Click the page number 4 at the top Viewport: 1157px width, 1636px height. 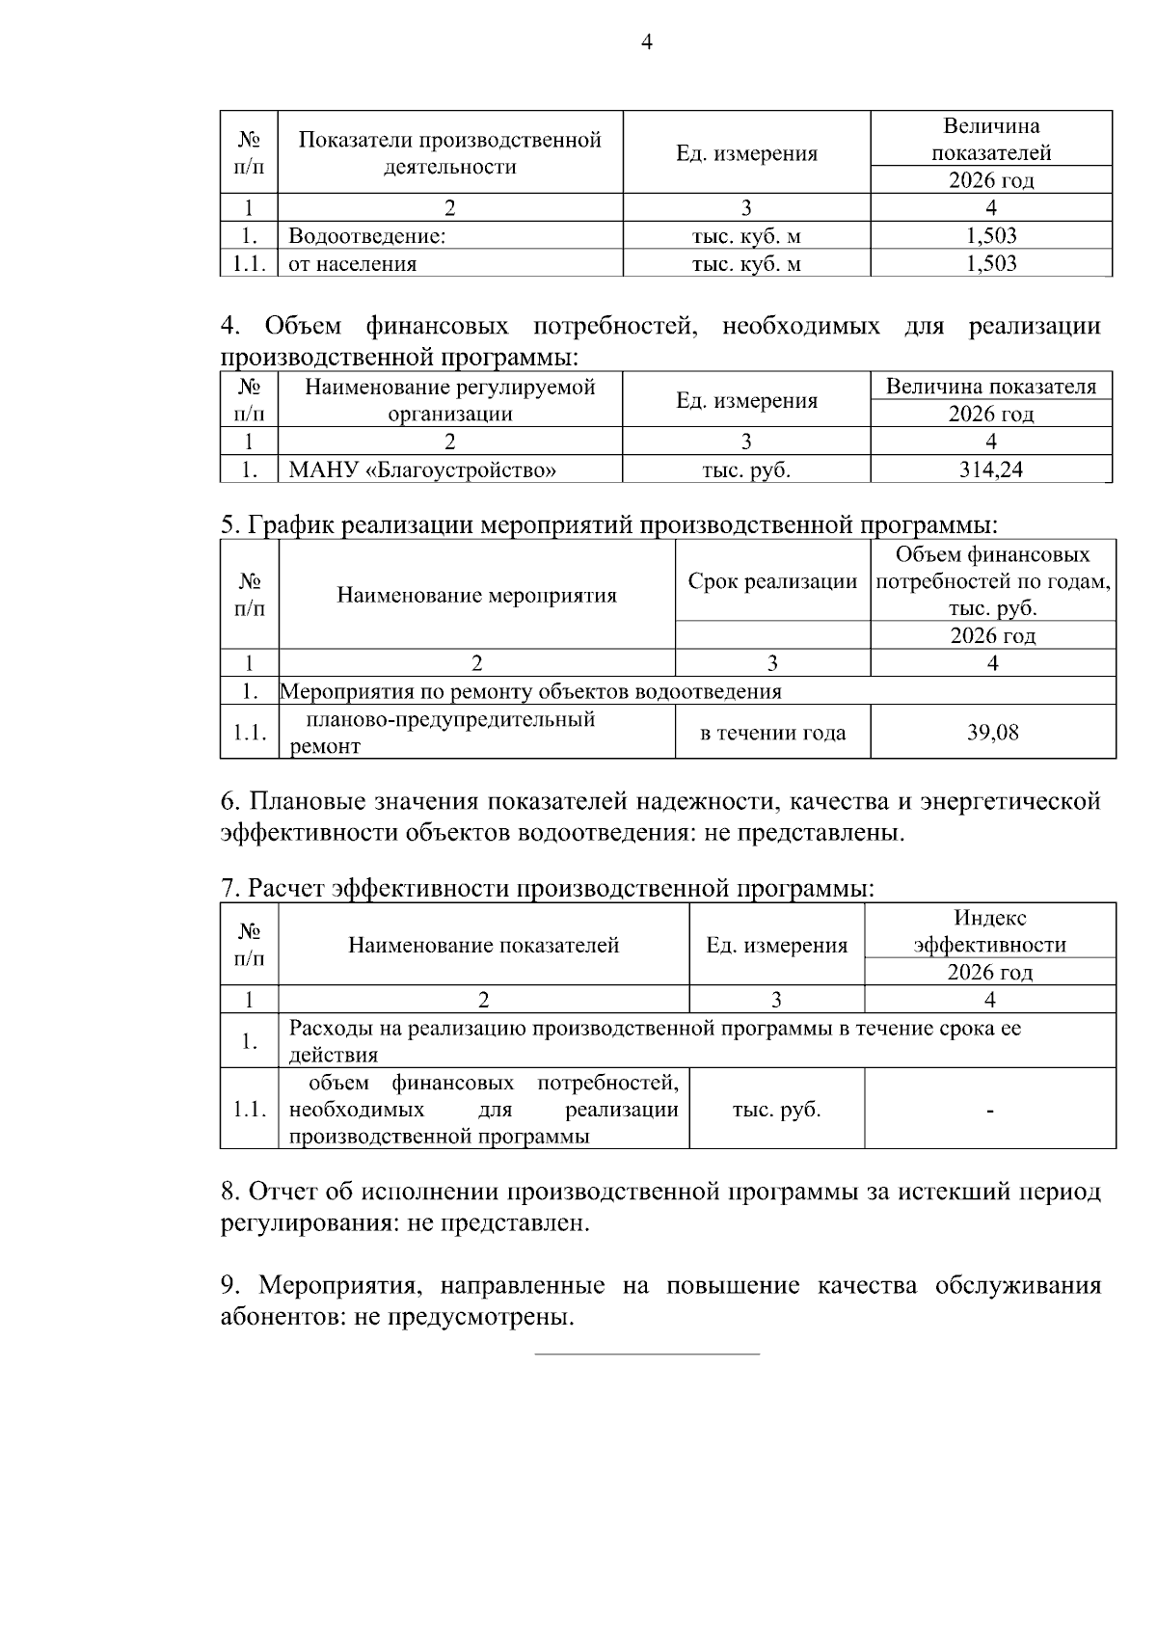tap(646, 42)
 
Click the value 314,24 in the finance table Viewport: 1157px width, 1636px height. tap(991, 469)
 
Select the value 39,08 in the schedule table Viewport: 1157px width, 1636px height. tap(992, 733)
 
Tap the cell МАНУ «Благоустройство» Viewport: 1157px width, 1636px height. tap(422, 470)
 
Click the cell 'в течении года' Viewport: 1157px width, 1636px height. tap(772, 733)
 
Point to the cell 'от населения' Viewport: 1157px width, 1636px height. tap(353, 264)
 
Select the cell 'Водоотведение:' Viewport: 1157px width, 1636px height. tap(367, 236)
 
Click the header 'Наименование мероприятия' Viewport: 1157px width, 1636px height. tap(476, 595)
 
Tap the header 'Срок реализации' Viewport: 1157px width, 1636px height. tap(772, 581)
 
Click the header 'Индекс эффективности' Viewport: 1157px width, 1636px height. tap(990, 931)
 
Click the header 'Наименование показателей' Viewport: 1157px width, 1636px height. tap(483, 945)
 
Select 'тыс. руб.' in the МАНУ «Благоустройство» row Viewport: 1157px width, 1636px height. tap(746, 470)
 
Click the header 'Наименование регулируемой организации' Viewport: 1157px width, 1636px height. tap(449, 400)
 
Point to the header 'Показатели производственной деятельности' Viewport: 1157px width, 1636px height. tap(449, 153)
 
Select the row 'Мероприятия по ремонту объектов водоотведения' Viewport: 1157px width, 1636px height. tap(531, 691)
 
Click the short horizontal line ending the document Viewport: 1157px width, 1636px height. tap(647, 1354)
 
